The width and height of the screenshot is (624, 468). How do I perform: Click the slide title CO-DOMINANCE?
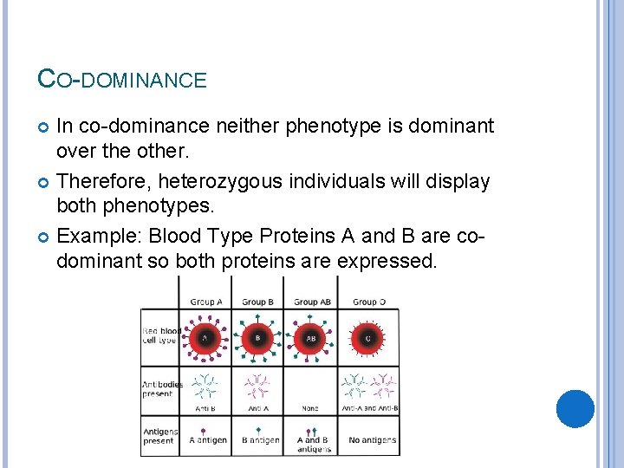click(122, 80)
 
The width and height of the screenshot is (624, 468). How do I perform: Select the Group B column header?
click(258, 302)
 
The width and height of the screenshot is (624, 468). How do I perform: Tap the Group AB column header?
click(312, 302)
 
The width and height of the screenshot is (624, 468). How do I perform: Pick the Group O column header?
click(369, 302)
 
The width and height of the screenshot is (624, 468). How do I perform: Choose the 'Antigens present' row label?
click(159, 435)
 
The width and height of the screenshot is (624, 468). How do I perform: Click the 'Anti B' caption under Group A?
click(205, 407)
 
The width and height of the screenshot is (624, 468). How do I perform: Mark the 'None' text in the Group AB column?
click(310, 407)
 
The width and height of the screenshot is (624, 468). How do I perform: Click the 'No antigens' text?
click(372, 440)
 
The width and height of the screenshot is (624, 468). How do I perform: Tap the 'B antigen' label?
click(260, 440)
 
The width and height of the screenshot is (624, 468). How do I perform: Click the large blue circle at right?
click(575, 409)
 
